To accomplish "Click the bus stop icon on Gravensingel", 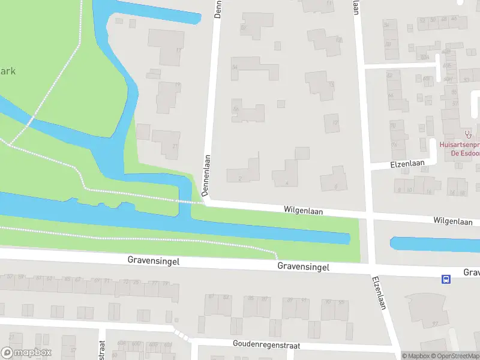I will pyautogui.click(x=446, y=279).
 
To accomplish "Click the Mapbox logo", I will pyautogui.click(x=26, y=353).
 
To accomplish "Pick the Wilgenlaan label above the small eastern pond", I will pyautogui.click(x=452, y=221).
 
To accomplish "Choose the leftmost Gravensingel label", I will pyautogui.click(x=153, y=261).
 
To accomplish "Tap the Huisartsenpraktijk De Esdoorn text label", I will pyautogui.click(x=460, y=148).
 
